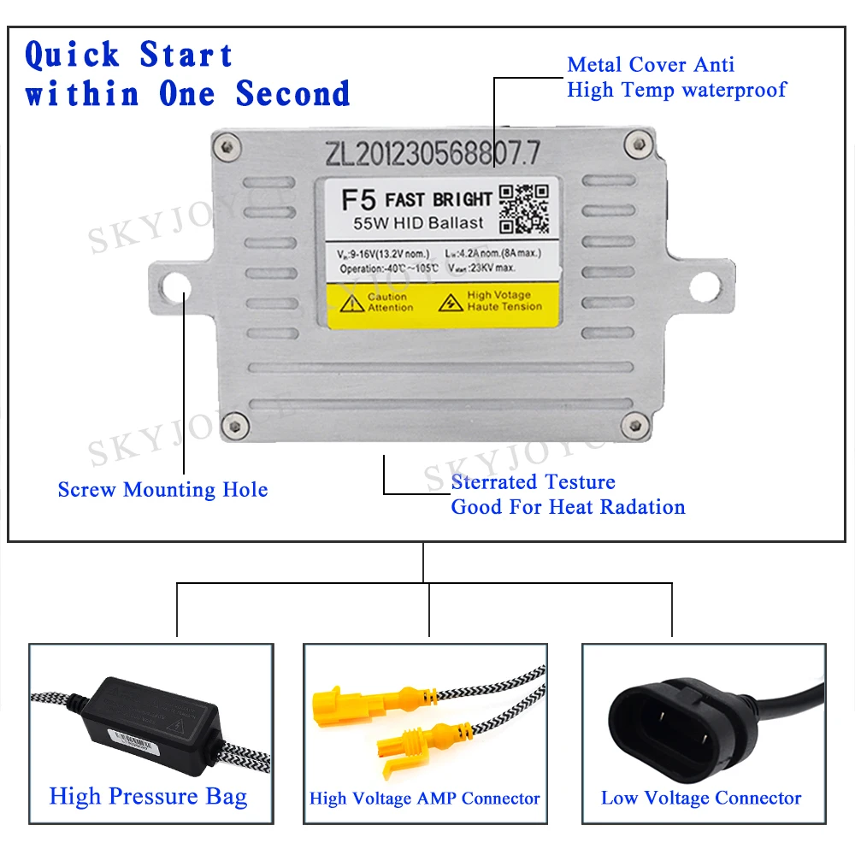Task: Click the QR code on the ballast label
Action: [523, 208]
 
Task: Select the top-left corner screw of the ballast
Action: [226, 147]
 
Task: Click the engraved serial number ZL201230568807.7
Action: [433, 153]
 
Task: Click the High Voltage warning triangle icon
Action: [450, 302]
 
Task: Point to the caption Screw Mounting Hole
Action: [162, 490]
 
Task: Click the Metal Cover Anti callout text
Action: [651, 64]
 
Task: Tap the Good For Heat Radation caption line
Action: [568, 507]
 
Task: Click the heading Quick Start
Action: [128, 56]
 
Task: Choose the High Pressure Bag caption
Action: [148, 797]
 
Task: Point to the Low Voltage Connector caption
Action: [700, 799]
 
